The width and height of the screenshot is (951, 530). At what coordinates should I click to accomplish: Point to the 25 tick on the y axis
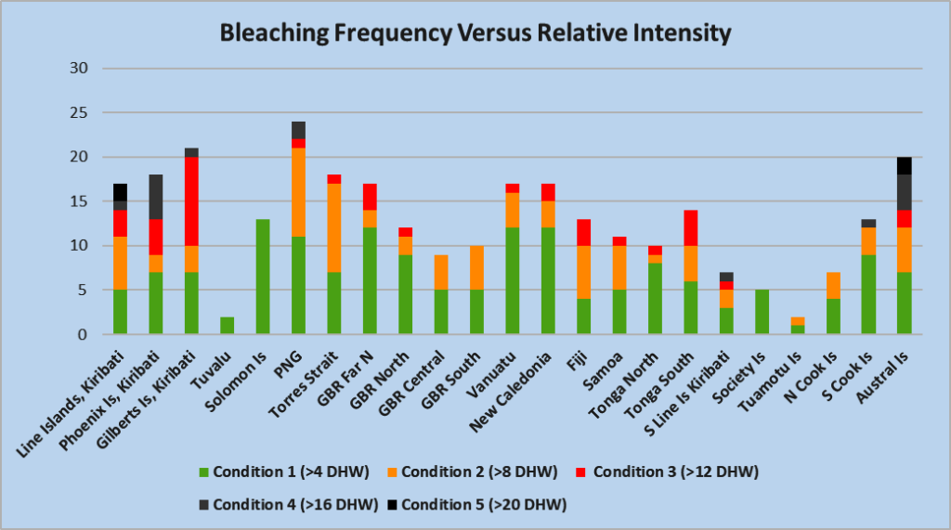[81, 113]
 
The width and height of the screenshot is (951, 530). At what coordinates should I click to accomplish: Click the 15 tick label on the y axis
[81, 201]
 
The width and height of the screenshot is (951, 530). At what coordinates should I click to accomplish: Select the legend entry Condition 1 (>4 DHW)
[291, 472]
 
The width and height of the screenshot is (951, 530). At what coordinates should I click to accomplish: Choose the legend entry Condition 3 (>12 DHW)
[676, 472]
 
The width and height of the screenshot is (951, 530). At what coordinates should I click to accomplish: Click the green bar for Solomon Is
[263, 277]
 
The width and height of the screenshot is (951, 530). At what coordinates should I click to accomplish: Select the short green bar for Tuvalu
[228, 325]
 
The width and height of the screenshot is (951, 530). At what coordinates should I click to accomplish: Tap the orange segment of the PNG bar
[298, 192]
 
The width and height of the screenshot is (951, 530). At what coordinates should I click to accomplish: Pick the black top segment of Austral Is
[903, 166]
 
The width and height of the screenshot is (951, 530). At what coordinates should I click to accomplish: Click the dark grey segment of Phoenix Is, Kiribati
[156, 197]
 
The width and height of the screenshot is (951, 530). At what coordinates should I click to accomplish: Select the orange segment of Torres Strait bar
[333, 227]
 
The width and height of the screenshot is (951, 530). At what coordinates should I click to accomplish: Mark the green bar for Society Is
[762, 312]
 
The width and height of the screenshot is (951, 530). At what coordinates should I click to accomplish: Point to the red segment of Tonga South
[690, 228]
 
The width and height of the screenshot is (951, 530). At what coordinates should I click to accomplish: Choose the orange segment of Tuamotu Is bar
[797, 321]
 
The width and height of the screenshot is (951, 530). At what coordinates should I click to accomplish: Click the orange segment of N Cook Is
[832, 286]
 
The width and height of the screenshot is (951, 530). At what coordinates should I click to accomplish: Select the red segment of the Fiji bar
[584, 232]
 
